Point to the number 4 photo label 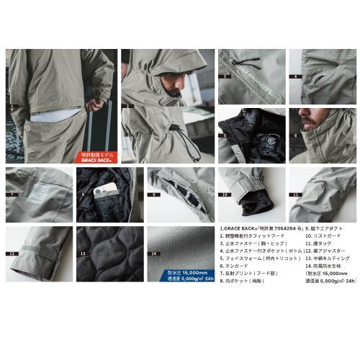tap(295, 76)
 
